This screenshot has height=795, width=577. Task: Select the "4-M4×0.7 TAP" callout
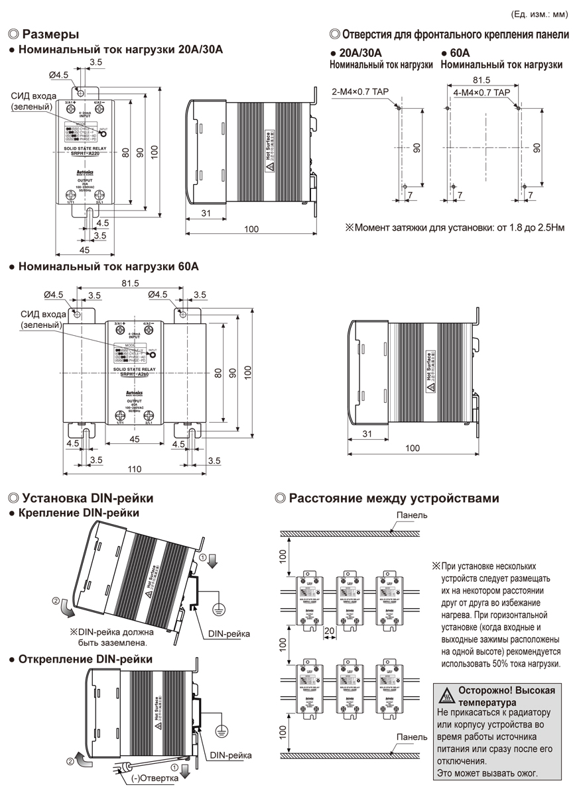pyautogui.click(x=481, y=92)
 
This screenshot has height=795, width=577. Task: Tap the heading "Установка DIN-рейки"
pyautogui.click(x=88, y=498)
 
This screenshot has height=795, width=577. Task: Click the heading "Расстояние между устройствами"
pyautogui.click(x=394, y=498)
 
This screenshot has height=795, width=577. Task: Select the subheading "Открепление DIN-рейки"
pyautogui.click(x=86, y=659)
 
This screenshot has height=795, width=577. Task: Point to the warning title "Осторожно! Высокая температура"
pyautogui.click(x=506, y=696)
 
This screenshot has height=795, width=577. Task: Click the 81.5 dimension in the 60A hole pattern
pyautogui.click(x=483, y=79)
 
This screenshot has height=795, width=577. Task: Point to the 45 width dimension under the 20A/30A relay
pyautogui.click(x=84, y=250)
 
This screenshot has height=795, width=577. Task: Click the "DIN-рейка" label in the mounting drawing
pyautogui.click(x=228, y=634)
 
